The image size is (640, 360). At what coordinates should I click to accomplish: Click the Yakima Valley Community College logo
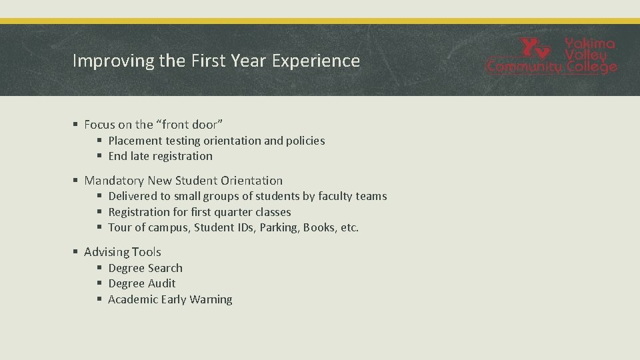point(551,56)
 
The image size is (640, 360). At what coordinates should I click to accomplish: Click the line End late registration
point(160,156)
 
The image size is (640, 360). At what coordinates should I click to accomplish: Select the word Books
point(319,227)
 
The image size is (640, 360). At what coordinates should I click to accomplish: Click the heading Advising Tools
point(123,252)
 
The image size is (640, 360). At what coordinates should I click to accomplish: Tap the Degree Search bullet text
point(145,268)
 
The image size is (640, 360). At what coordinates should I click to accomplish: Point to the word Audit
point(161,283)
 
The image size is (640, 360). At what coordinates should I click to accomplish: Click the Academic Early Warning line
point(170,299)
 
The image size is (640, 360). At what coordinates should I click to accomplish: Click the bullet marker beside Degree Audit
point(99,284)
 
